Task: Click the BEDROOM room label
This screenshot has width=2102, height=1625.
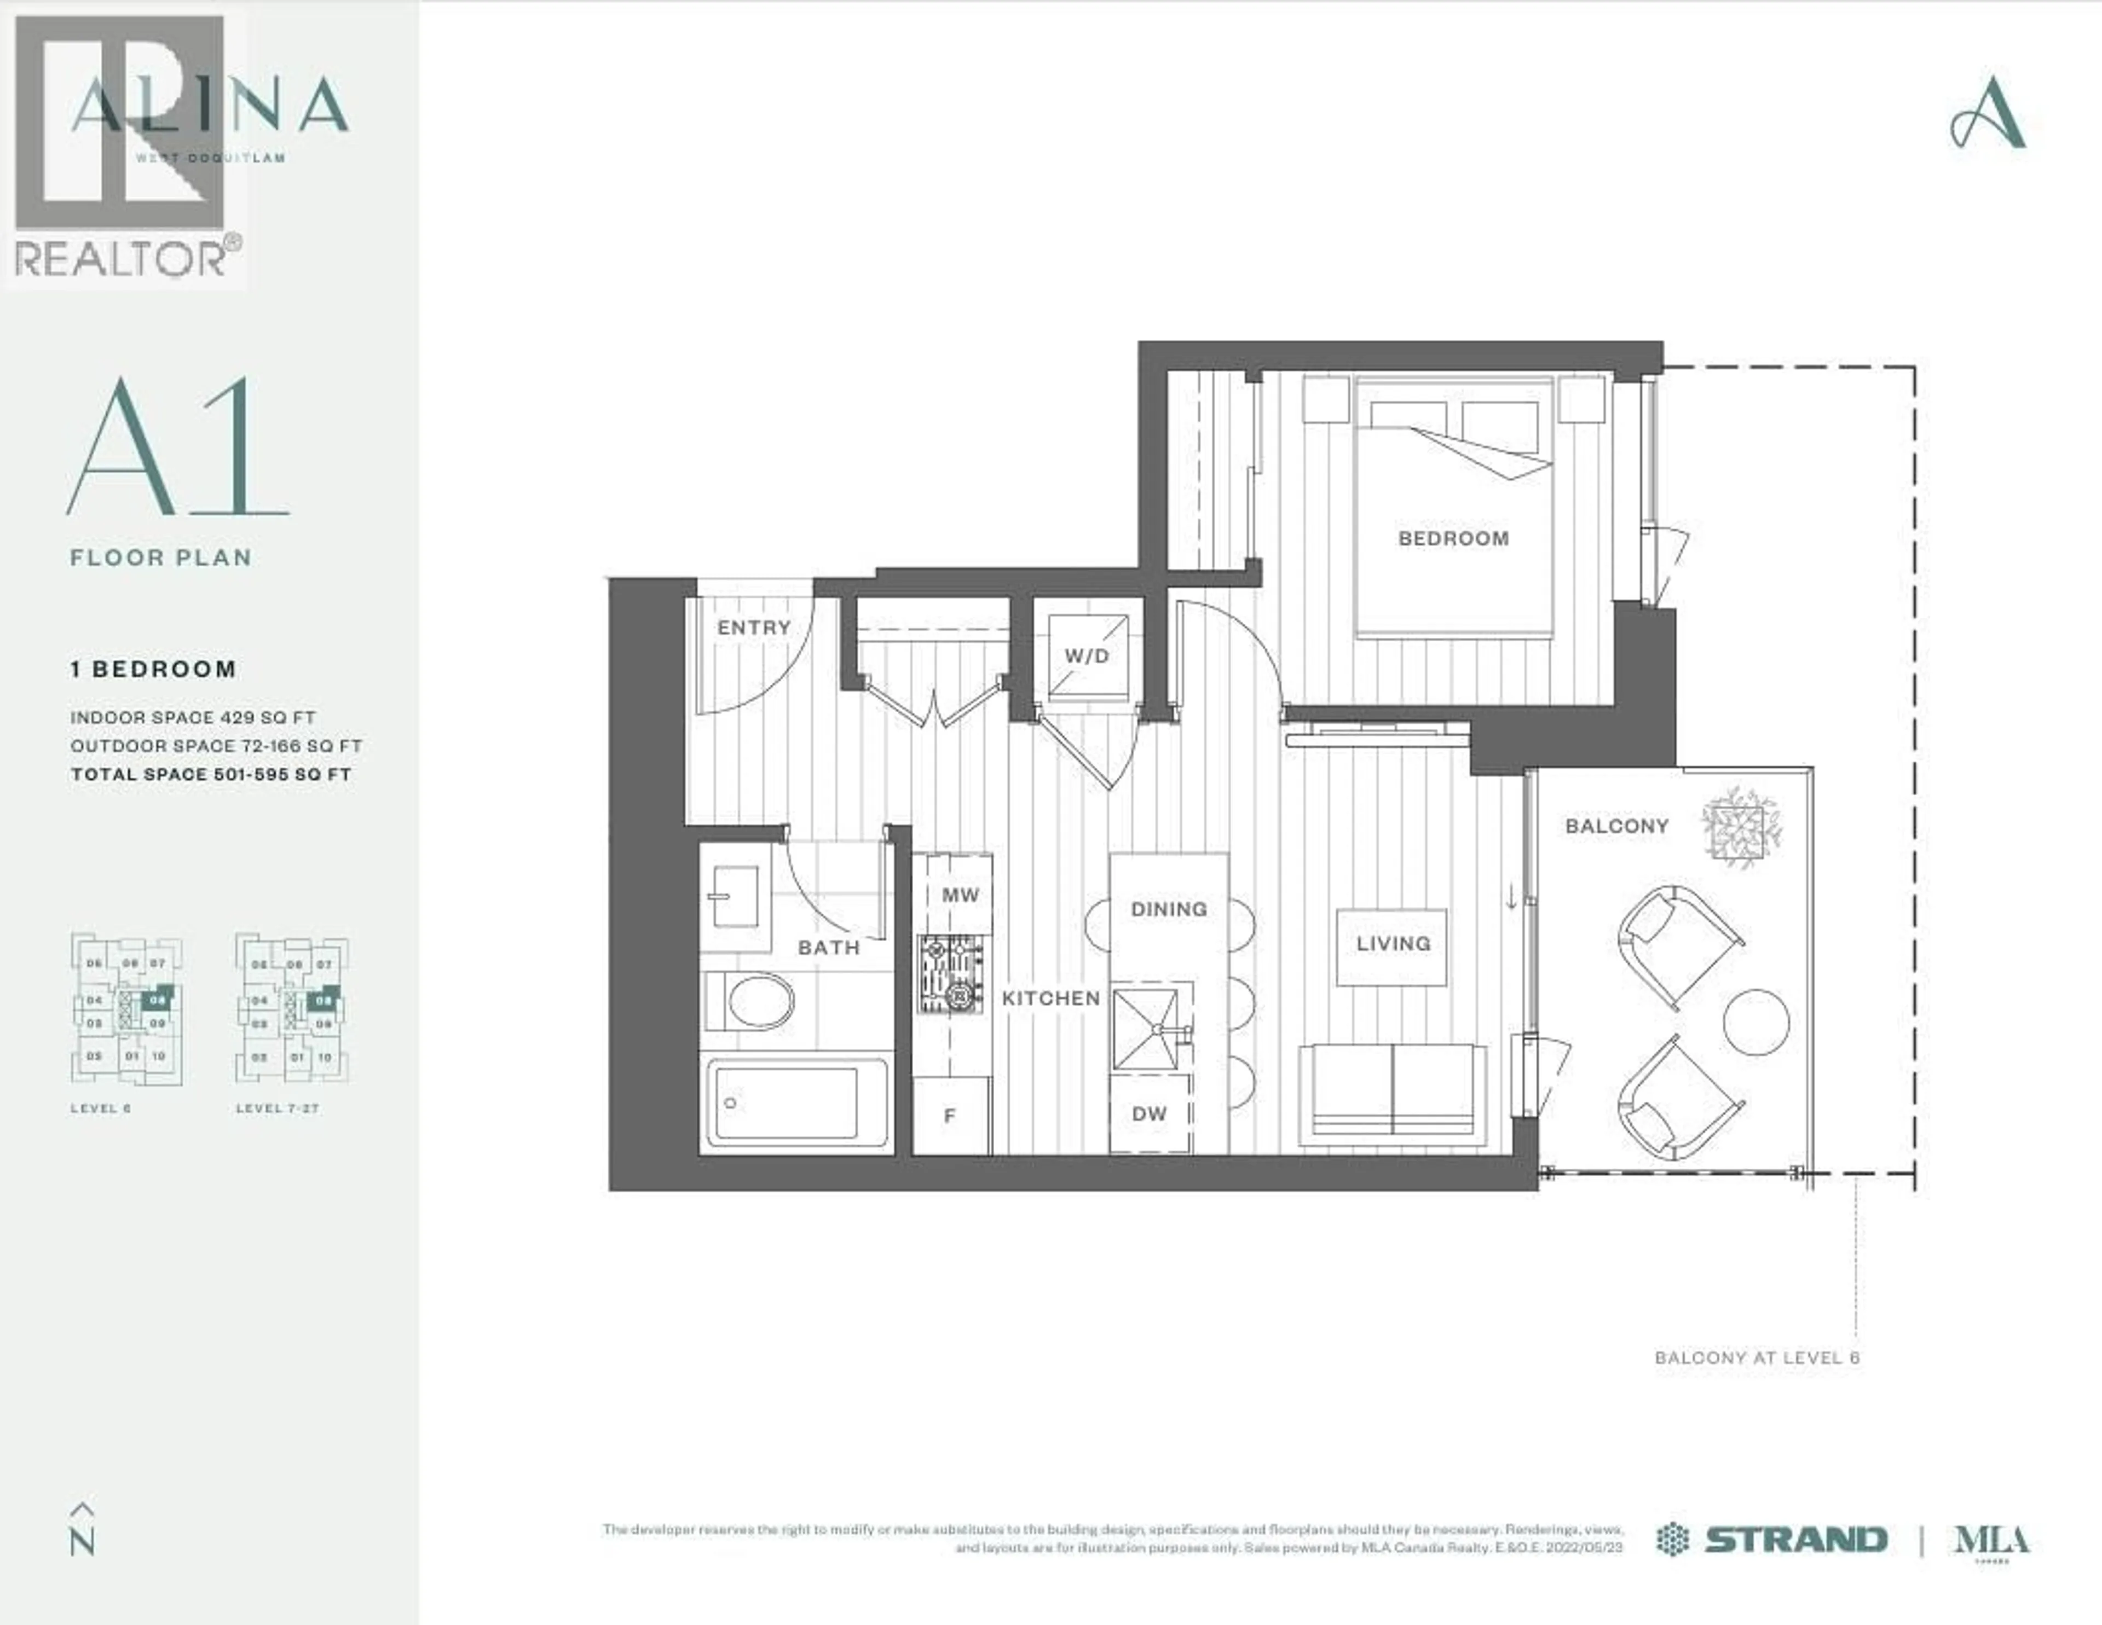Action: pos(1453,539)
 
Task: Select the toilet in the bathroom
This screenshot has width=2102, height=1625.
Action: pos(750,1001)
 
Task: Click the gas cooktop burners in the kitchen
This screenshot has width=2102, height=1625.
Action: pos(951,974)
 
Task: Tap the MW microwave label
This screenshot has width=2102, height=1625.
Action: pos(960,895)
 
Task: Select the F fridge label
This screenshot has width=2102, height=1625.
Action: pos(950,1116)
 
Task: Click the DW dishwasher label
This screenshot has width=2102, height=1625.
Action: pos(1149,1114)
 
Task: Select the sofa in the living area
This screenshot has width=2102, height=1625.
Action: pos(1391,1094)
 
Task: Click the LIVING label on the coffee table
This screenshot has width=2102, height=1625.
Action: pos(1393,944)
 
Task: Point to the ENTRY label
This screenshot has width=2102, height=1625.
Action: pos(754,628)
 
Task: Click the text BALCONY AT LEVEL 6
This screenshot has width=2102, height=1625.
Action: pos(1757,1357)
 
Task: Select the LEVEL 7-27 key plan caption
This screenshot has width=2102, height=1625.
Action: pos(277,1109)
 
